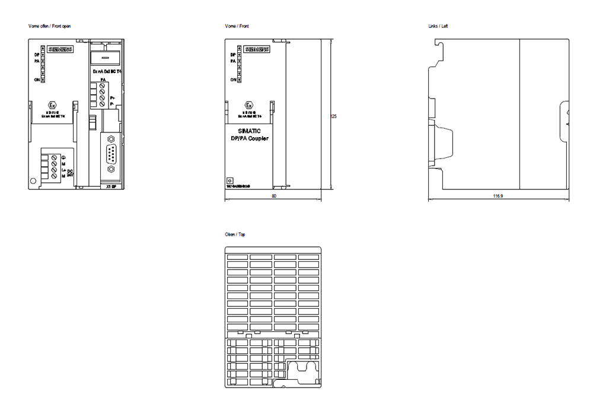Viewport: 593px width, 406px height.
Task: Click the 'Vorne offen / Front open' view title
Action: [x=50, y=26]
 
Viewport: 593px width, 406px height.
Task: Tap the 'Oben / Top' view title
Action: [x=235, y=235]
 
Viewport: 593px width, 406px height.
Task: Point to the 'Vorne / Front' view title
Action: [x=237, y=26]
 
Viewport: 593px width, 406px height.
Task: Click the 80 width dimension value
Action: [x=273, y=195]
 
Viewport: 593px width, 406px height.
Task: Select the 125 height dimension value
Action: [x=333, y=116]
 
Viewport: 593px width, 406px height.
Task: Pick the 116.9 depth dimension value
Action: [x=498, y=195]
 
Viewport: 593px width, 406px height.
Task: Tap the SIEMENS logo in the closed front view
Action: [x=257, y=50]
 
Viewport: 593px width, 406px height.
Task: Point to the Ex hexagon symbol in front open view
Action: [x=52, y=106]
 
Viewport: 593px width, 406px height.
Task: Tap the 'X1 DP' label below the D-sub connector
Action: [x=110, y=186]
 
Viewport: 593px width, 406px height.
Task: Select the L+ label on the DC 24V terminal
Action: [x=63, y=170]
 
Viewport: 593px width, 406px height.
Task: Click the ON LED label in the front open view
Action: [x=36, y=80]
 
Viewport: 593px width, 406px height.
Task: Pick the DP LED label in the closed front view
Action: [x=232, y=55]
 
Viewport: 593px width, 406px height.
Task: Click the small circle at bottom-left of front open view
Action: [x=33, y=181]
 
